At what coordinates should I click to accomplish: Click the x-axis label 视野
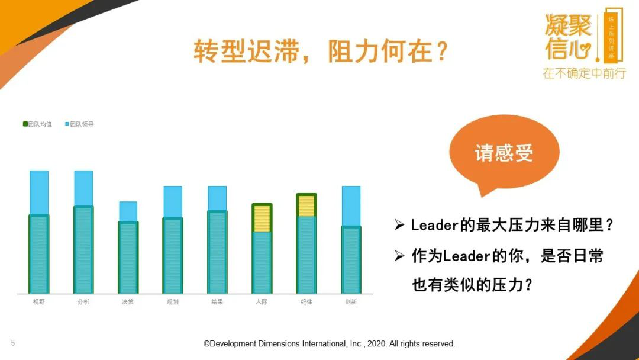point(39,302)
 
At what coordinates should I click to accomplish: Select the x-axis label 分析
point(83,302)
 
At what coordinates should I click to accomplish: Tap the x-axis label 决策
point(128,302)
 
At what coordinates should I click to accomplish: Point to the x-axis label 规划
point(173,302)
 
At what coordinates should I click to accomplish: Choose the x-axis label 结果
point(217,302)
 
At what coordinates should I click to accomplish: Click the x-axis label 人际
point(262,302)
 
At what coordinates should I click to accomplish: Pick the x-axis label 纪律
point(306,302)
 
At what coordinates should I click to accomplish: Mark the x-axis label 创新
point(351,302)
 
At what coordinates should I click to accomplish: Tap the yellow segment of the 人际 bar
point(262,218)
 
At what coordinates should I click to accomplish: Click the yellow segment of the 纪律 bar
point(306,206)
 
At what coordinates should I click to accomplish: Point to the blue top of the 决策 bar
point(128,211)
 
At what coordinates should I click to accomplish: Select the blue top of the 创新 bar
point(351,206)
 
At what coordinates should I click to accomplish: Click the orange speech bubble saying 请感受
point(504,153)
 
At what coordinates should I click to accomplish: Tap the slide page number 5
point(12,343)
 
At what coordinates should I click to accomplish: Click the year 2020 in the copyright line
point(376,343)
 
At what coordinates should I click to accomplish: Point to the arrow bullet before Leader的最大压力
point(400,225)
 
